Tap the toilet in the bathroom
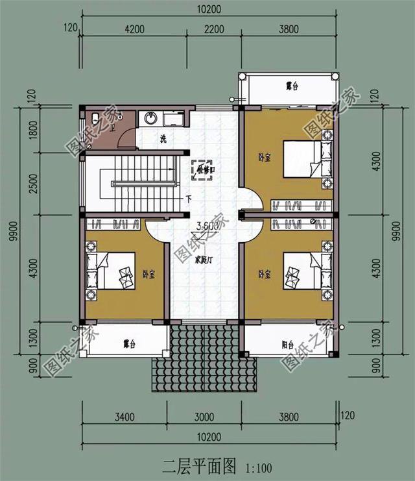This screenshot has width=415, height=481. tap(95, 119)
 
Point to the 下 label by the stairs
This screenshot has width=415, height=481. tap(189, 199)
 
